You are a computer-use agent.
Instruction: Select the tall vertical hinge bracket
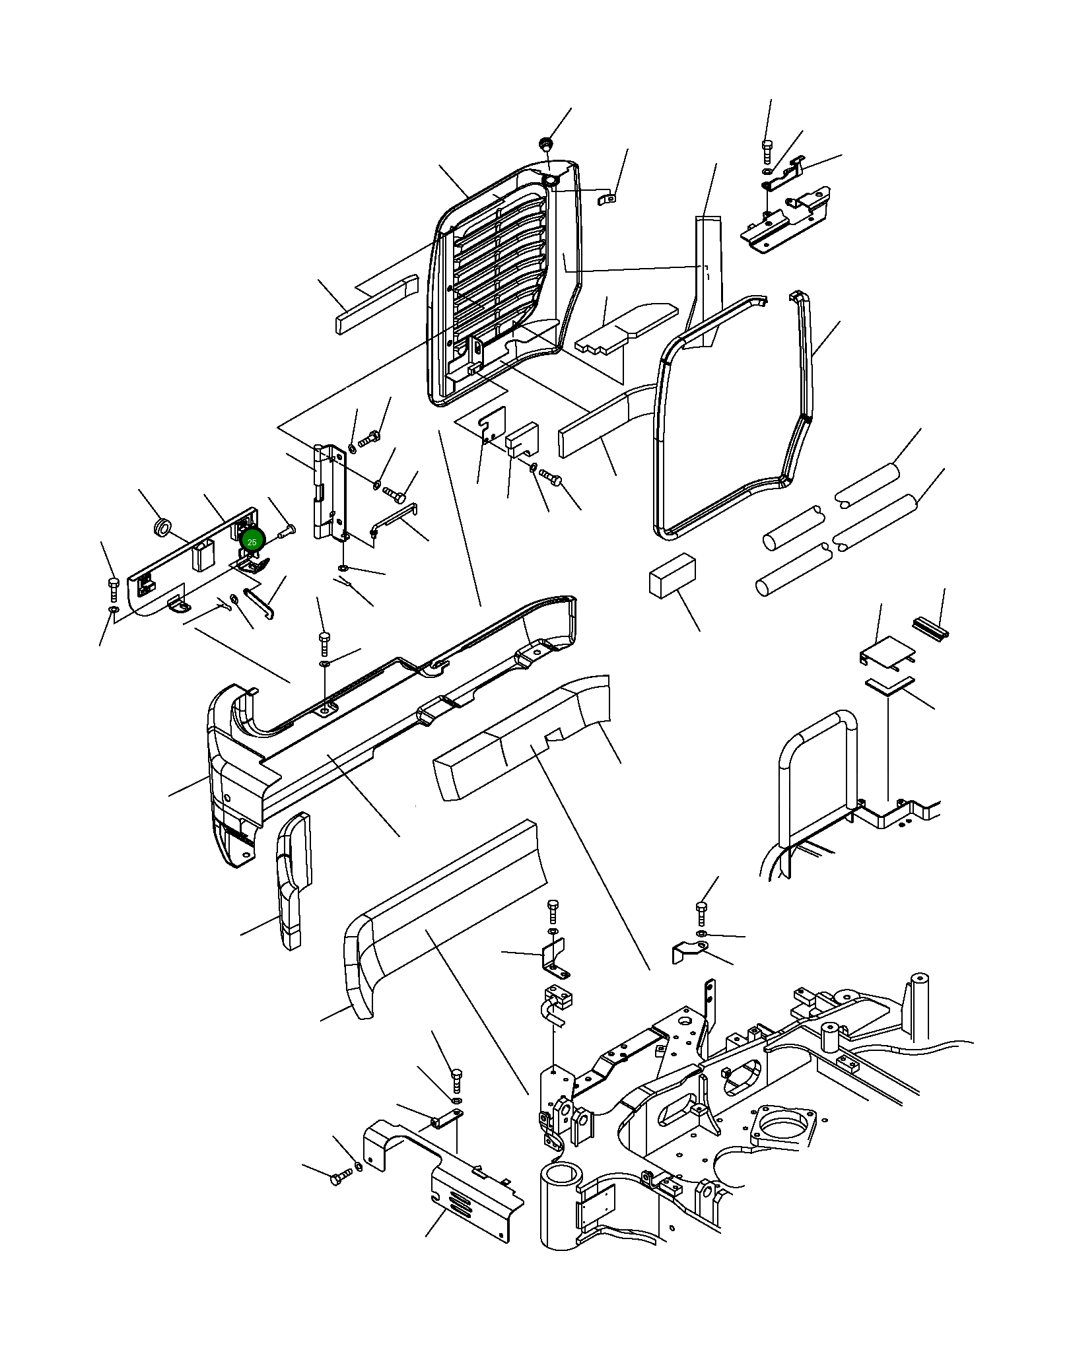point(329,492)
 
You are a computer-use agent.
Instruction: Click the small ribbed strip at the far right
point(930,627)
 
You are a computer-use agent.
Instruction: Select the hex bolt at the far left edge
point(113,589)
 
